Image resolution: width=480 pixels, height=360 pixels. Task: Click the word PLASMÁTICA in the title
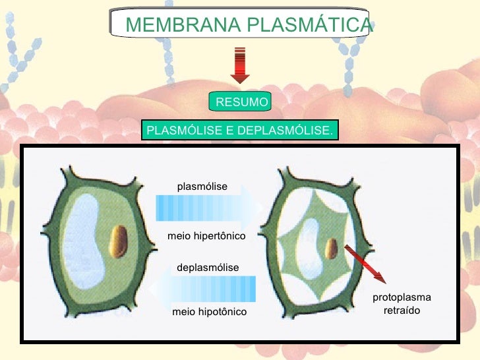310,25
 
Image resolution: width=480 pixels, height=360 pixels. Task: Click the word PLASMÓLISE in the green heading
184,130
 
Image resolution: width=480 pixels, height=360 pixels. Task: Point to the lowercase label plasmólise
202,187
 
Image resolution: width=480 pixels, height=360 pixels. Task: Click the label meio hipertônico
206,235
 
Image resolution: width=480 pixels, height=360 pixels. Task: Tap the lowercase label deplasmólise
207,267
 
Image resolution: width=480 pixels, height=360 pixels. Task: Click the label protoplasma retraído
402,304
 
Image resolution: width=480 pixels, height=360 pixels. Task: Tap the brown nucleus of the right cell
332,249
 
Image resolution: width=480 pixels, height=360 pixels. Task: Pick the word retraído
402,310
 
